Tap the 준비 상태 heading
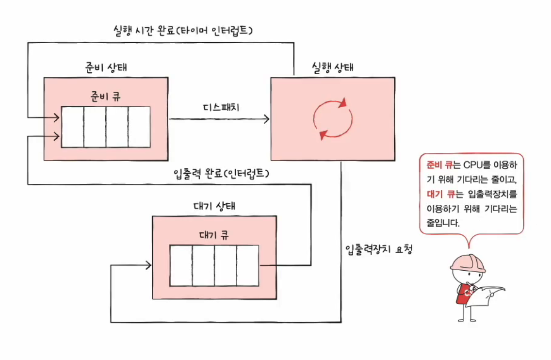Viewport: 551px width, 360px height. coord(105,67)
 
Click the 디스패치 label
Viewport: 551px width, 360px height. coord(220,107)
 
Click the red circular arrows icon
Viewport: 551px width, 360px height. coord(333,119)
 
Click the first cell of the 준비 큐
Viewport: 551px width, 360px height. coord(72,127)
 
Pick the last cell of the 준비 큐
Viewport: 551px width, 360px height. coord(139,127)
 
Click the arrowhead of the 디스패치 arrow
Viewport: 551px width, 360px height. coord(266,119)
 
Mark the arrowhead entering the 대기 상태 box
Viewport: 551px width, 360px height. coord(149,265)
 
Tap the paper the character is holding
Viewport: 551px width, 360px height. coord(489,296)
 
